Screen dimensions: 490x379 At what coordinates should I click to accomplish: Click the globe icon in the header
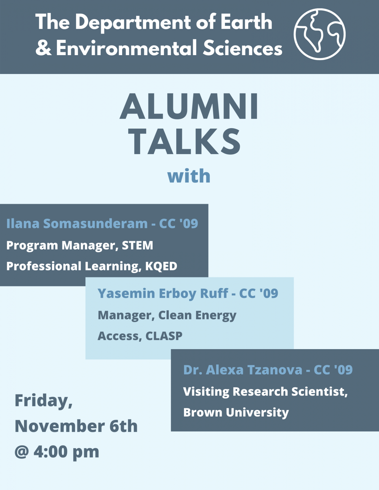[x=319, y=34]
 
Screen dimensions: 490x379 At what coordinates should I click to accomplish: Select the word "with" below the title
[x=189, y=176]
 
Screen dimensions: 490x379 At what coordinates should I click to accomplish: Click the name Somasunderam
[x=95, y=224]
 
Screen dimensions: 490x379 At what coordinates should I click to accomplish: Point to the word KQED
[x=161, y=266]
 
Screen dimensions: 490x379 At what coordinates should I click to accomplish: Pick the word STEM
[x=137, y=246]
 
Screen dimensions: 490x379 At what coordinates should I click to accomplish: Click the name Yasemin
[x=126, y=293]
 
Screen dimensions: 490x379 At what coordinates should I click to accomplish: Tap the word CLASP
[x=164, y=336]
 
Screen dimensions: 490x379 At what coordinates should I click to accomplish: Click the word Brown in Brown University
[x=203, y=412]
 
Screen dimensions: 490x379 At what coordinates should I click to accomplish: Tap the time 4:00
[x=51, y=452]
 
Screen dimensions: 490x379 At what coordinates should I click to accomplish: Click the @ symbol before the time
[x=21, y=452]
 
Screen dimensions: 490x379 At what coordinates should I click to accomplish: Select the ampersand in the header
[x=43, y=48]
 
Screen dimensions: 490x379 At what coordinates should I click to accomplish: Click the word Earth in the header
[x=246, y=22]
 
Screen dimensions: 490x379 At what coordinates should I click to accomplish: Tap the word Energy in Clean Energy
[x=216, y=315]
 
